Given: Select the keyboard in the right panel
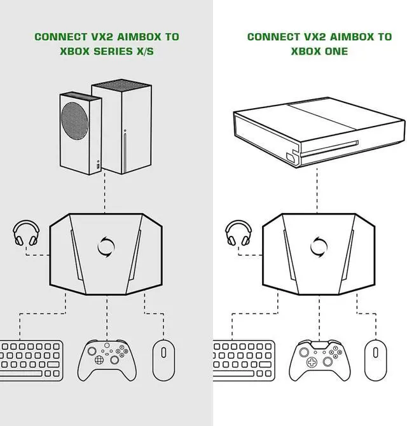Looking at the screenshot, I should coord(244,360).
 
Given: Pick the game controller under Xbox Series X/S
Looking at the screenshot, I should coord(106,359).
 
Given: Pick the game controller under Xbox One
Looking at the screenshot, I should coord(318,359).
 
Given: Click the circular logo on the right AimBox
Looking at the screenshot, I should coord(318,245).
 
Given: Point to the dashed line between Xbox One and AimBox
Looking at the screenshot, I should coord(316,191).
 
